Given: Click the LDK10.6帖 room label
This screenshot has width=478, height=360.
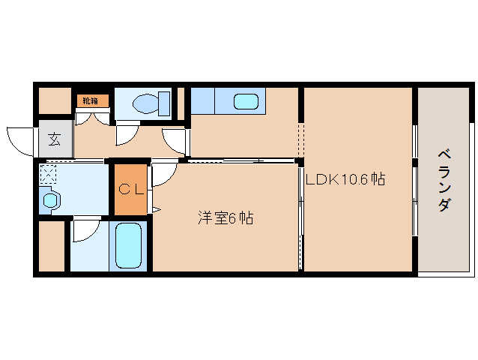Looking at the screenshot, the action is click(x=345, y=179).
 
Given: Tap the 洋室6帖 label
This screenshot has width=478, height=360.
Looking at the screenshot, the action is click(x=226, y=217).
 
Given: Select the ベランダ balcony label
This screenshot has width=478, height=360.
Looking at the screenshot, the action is click(x=444, y=180).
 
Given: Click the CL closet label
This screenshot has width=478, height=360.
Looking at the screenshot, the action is click(x=131, y=190).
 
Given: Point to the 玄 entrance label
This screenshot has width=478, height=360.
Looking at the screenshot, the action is click(x=55, y=139).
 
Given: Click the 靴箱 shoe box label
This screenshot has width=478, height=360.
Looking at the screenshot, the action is click(x=91, y=100).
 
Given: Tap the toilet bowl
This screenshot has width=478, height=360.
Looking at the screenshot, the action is click(x=145, y=103).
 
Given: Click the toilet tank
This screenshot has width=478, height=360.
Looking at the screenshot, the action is click(x=164, y=103).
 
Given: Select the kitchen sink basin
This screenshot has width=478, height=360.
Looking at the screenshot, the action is click(x=246, y=101).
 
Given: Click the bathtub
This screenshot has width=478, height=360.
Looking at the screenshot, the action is click(x=128, y=246).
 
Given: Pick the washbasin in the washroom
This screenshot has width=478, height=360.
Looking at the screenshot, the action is click(x=50, y=200).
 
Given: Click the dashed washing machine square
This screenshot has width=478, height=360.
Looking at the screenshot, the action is click(x=48, y=174).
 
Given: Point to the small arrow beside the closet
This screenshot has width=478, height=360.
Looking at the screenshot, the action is click(x=157, y=209).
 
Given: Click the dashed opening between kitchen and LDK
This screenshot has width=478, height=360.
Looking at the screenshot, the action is click(x=301, y=139).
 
